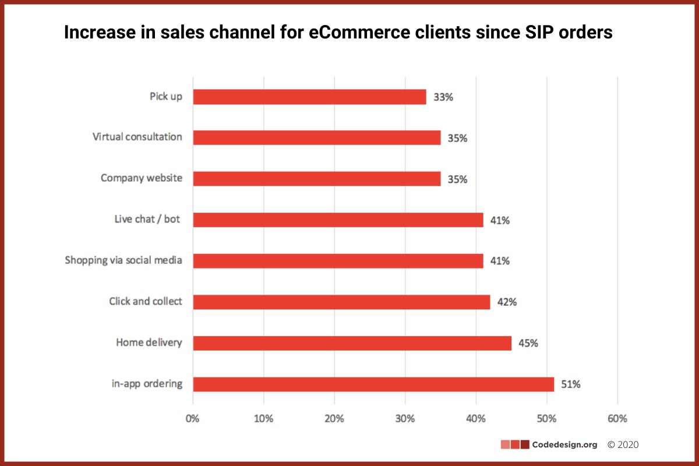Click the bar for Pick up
309,97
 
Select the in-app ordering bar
373,384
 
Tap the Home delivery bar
352,343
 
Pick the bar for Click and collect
341,302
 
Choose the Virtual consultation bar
316,137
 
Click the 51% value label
571,384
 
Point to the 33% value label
443,97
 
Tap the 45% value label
528,343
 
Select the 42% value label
507,302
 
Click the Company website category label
141,178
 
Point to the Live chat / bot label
147,220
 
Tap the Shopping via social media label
123,260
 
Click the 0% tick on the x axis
193,418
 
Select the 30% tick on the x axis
405,418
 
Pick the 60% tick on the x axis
617,418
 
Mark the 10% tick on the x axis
263,418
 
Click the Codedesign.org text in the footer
565,444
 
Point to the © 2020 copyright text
623,444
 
